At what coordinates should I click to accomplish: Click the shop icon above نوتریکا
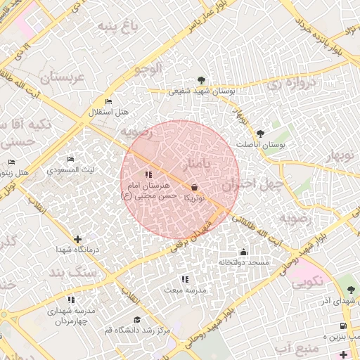194,187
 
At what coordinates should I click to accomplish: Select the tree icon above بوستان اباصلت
261,132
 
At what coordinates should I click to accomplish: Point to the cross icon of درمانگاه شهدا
77,239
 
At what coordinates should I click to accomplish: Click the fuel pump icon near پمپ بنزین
342,326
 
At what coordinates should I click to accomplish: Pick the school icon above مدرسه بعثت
184,279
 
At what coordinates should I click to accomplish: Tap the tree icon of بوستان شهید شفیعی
202,79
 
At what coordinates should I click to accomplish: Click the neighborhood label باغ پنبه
115,27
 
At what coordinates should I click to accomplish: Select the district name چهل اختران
252,185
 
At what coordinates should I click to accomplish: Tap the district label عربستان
62,77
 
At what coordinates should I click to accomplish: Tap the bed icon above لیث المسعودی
69,160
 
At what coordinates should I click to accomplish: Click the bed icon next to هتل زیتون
11,162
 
